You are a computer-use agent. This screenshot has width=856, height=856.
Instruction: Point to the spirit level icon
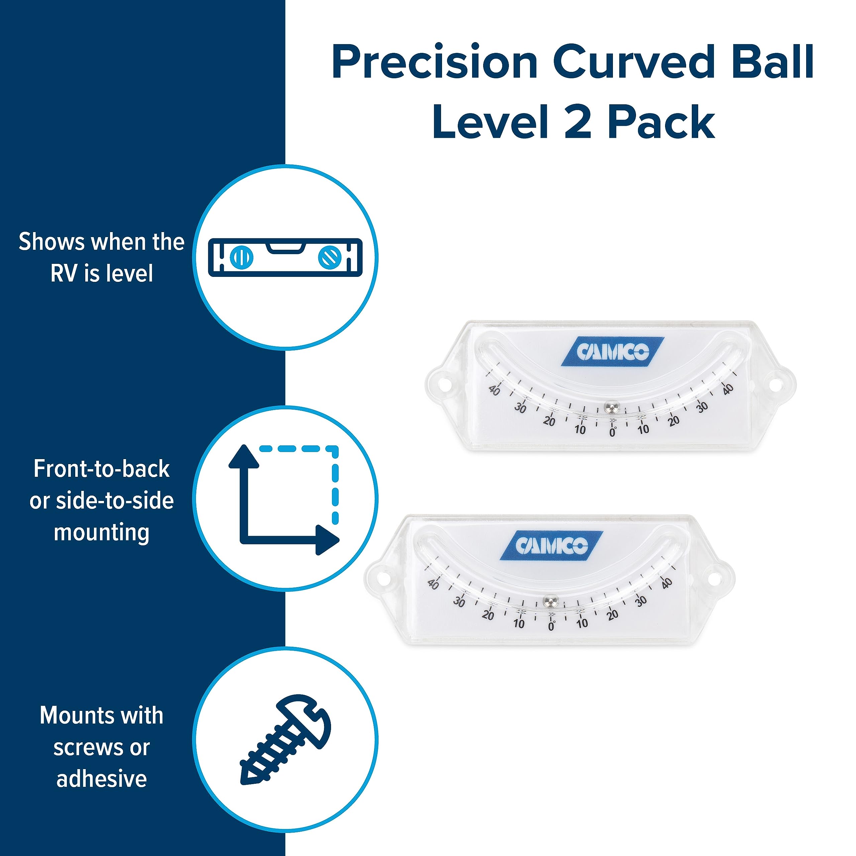click(x=285, y=257)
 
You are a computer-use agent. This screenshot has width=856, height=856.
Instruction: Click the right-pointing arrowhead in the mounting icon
click(x=327, y=540)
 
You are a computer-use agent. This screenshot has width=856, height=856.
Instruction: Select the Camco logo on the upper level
click(x=612, y=352)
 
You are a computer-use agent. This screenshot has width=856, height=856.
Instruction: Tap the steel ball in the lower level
click(x=551, y=601)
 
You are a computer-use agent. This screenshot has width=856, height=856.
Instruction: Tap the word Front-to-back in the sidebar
click(x=101, y=469)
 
